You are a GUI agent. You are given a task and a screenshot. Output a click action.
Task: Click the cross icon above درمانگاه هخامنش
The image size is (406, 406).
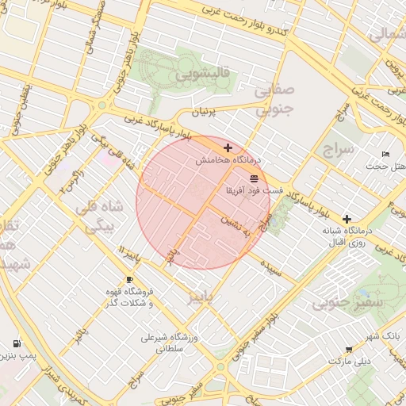[228, 147]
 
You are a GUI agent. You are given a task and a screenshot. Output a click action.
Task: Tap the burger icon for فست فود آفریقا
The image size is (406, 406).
[254, 178]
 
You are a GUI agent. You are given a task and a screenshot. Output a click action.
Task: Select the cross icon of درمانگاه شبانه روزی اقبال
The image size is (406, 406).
[347, 219]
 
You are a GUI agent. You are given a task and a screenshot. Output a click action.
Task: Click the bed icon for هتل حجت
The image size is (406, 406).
[386, 154]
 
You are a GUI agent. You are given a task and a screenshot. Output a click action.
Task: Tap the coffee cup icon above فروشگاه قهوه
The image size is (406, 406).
[129, 280]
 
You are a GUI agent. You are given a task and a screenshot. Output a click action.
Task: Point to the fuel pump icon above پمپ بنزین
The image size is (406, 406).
[17, 343]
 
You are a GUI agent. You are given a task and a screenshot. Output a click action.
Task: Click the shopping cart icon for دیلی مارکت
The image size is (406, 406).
[349, 349]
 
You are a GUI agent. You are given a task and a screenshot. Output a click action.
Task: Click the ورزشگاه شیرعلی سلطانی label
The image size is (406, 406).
[170, 343]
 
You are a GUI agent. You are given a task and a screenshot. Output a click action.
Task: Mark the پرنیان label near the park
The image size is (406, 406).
[202, 113]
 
